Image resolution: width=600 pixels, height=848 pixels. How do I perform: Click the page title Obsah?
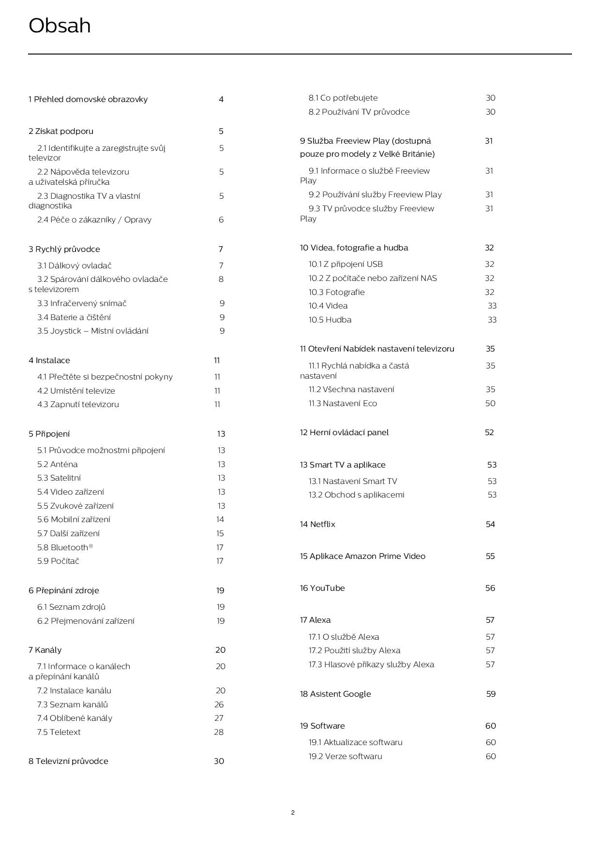60,26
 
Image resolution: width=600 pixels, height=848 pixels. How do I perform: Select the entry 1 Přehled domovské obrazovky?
88,100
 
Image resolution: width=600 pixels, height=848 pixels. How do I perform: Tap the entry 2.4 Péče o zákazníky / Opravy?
94,220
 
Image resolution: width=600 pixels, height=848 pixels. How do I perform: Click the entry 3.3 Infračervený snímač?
82,304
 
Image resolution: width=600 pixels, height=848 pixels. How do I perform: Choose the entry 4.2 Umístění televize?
76,391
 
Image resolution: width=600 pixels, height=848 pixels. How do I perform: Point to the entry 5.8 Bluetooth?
65,548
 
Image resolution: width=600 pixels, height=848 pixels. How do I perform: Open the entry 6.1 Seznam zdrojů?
71,607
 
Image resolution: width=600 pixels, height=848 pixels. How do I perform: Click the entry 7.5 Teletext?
59,732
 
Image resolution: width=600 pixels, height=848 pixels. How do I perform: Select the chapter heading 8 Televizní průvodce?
68,761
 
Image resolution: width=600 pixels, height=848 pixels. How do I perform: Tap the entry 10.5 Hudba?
330,320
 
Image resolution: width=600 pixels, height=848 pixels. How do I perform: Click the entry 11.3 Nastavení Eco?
343,404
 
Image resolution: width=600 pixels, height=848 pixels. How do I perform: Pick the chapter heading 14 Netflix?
317,525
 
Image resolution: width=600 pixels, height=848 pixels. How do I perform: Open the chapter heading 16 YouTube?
322,588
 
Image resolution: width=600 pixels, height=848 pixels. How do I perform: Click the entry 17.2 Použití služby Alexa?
354,651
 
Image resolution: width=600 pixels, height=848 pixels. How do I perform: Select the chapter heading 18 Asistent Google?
335,694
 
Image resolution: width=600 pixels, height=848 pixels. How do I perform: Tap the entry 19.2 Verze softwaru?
345,757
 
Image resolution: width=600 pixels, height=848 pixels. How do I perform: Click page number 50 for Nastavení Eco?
490,404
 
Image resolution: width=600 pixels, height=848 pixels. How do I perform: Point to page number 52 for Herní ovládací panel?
489,433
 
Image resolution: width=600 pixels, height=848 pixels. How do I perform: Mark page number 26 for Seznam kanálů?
219,705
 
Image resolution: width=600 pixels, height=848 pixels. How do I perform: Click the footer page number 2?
293,813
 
